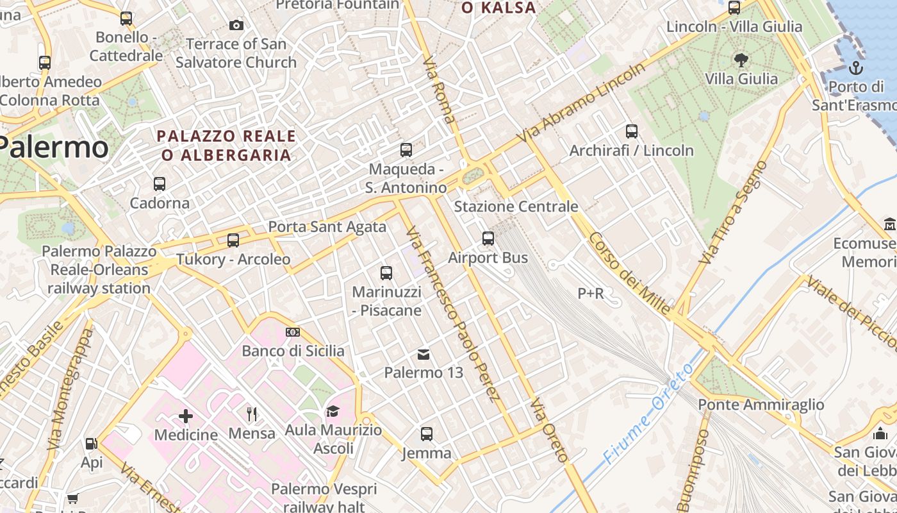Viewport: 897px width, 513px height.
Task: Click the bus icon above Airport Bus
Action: point(488,239)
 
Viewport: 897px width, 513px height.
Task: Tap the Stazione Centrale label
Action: point(516,206)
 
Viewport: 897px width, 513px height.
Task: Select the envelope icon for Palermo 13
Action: point(424,354)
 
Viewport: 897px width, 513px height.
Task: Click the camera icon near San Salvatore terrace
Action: point(236,26)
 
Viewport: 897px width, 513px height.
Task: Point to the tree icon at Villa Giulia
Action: point(741,60)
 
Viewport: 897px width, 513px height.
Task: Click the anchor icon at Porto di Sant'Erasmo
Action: point(856,68)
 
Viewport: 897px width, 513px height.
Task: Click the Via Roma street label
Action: point(440,90)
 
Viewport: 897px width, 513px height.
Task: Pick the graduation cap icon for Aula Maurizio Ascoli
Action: point(333,411)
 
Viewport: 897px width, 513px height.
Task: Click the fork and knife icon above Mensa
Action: point(252,414)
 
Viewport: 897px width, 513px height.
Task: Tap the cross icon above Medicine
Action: point(186,416)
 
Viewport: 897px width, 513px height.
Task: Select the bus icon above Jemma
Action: point(427,434)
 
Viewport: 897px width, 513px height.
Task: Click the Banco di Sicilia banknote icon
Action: point(293,332)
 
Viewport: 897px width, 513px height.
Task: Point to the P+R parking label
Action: point(591,294)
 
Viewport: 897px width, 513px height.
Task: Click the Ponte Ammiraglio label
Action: point(761,405)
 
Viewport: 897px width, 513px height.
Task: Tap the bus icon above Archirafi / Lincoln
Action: point(632,131)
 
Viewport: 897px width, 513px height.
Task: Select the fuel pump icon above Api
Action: point(92,444)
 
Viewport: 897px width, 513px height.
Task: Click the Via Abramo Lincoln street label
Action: point(582,103)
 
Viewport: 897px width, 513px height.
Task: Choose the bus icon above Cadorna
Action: point(160,184)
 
